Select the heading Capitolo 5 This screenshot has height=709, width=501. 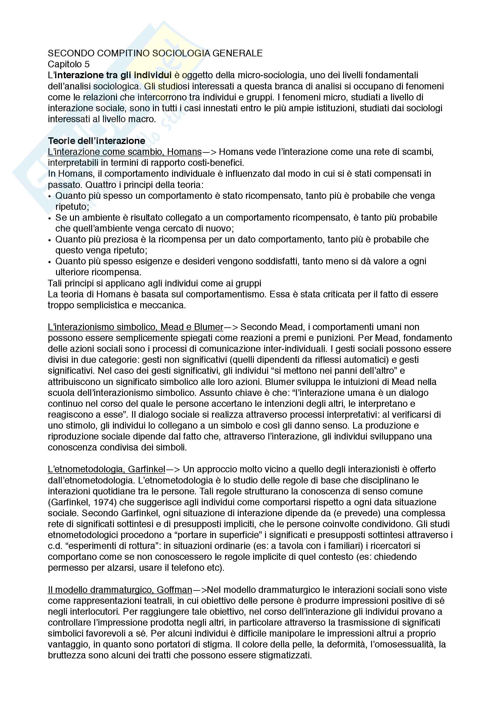[68, 64]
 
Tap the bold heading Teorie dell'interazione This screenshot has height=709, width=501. [97, 141]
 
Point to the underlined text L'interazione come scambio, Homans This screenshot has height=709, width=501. [124, 152]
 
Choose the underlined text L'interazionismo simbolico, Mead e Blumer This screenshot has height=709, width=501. [135, 327]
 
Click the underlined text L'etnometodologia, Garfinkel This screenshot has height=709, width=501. [106, 469]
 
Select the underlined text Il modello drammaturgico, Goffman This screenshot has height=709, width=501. [120, 590]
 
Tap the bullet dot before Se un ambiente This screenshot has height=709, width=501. [50, 218]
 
